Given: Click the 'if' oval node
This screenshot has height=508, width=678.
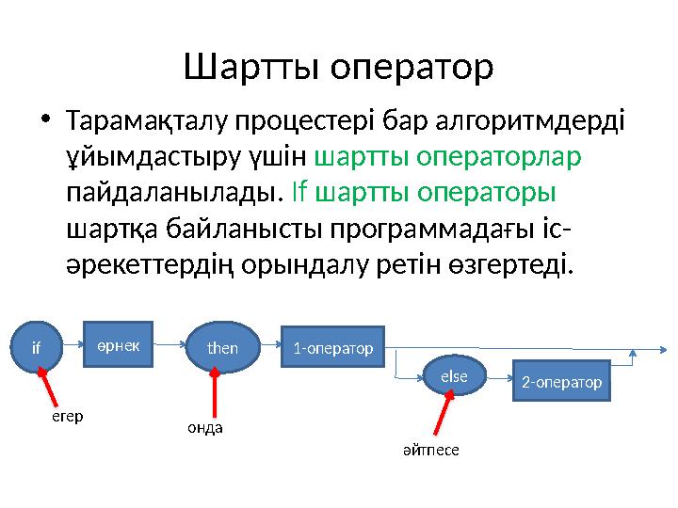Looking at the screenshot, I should point(37,347).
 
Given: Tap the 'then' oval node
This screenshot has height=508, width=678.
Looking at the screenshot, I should point(222,347).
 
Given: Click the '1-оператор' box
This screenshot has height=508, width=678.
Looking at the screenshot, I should point(333,348).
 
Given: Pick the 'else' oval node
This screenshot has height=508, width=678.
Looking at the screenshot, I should point(453,375).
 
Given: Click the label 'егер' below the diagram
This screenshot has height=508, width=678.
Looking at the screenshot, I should point(66,417).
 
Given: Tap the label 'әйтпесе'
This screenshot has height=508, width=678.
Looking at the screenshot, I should point(430,451).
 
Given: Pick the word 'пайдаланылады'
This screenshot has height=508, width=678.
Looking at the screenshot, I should point(173,194).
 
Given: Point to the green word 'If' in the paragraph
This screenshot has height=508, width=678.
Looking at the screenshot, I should point(299,194).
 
